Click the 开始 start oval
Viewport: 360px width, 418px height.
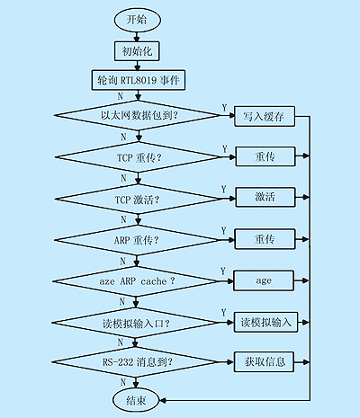coord(138,20)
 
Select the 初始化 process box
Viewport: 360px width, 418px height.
coord(137,51)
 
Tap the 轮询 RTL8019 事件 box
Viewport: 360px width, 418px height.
coord(139,80)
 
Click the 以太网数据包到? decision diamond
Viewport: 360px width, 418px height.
coord(139,115)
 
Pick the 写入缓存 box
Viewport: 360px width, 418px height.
coord(265,116)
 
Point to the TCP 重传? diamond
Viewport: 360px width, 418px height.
coord(139,157)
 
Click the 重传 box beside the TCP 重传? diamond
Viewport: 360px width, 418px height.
coord(265,156)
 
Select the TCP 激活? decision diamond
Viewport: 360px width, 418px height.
coord(138,199)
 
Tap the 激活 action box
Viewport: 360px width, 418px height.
coord(265,197)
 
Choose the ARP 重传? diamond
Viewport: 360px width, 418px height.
coord(137,240)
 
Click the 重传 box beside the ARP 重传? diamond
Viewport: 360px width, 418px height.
coord(265,239)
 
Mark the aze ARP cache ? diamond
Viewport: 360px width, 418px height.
coord(136,281)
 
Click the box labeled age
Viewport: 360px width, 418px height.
coord(264,280)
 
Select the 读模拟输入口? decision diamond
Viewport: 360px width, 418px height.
coord(136,323)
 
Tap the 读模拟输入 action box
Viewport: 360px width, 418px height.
coord(265,322)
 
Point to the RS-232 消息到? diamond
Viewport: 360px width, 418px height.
coord(135,362)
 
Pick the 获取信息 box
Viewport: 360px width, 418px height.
coord(264,362)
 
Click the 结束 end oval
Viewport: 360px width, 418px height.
coord(136,400)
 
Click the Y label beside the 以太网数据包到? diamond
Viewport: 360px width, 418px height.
coord(224,108)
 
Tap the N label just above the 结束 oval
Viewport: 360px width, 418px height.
coord(123,382)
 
